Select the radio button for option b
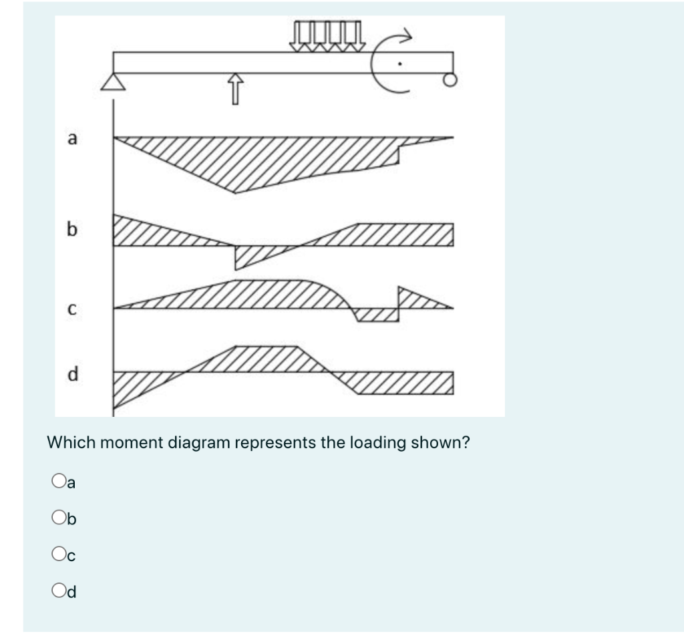[57, 516]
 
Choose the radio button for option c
[57, 553]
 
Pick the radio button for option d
[57, 590]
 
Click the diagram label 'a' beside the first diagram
[72, 139]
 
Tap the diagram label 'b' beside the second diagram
[72, 230]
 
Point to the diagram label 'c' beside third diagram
[72, 309]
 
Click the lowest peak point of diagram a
[234, 192]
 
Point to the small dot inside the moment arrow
[399, 64]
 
